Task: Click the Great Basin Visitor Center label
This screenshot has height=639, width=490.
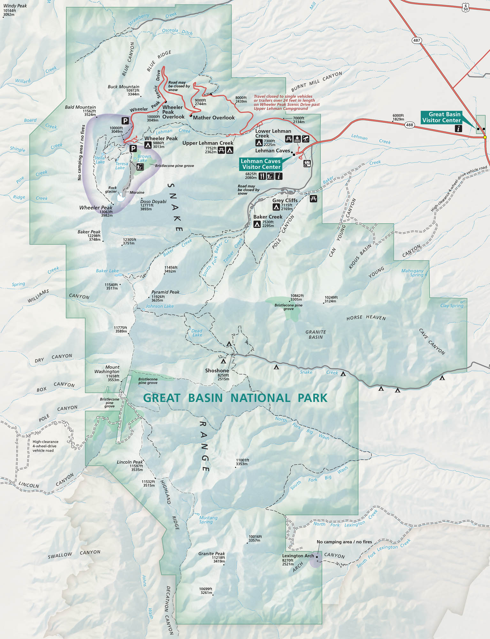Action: pyautogui.click(x=441, y=117)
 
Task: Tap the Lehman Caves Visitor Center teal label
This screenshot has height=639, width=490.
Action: pyautogui.click(x=261, y=164)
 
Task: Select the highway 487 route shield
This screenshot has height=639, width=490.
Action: pyautogui.click(x=417, y=40)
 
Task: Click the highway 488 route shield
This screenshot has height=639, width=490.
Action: pyautogui.click(x=410, y=125)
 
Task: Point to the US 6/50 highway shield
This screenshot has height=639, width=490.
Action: pyautogui.click(x=465, y=7)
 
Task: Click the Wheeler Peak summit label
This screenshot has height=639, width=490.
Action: pyautogui.click(x=96, y=208)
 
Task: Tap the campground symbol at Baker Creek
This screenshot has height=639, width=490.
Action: pyautogui.click(x=257, y=225)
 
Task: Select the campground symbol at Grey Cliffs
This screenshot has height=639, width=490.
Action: pyautogui.click(x=276, y=207)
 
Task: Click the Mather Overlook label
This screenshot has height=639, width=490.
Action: pyautogui.click(x=214, y=118)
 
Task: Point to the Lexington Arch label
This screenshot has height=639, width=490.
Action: pyautogui.click(x=298, y=556)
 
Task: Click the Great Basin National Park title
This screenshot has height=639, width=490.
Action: pyautogui.click(x=235, y=398)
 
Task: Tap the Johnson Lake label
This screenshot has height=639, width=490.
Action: pyautogui.click(x=159, y=306)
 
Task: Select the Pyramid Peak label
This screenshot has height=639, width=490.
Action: pyautogui.click(x=165, y=292)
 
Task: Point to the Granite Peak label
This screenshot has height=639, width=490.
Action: pyautogui.click(x=211, y=553)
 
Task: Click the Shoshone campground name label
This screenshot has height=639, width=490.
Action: pyautogui.click(x=217, y=371)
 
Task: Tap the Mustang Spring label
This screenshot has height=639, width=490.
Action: pyautogui.click(x=208, y=520)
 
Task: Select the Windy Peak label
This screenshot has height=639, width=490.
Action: pyautogui.click(x=15, y=6)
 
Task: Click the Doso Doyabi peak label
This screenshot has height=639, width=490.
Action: pyautogui.click(x=153, y=202)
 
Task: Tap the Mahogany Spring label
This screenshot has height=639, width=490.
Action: pyautogui.click(x=412, y=273)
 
